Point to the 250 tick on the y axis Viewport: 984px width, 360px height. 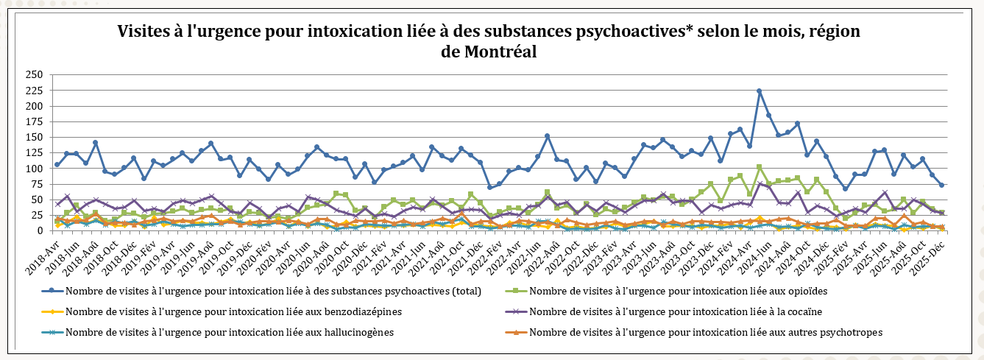pos(33,74)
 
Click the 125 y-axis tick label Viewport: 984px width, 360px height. pos(33,152)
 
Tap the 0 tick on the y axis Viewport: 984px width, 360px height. pos(39,230)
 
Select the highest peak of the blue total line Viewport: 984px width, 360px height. pos(759,91)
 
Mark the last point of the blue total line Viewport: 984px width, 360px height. pos(941,186)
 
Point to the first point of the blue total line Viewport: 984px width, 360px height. pos(57,165)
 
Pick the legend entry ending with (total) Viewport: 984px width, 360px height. pos(272,291)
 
